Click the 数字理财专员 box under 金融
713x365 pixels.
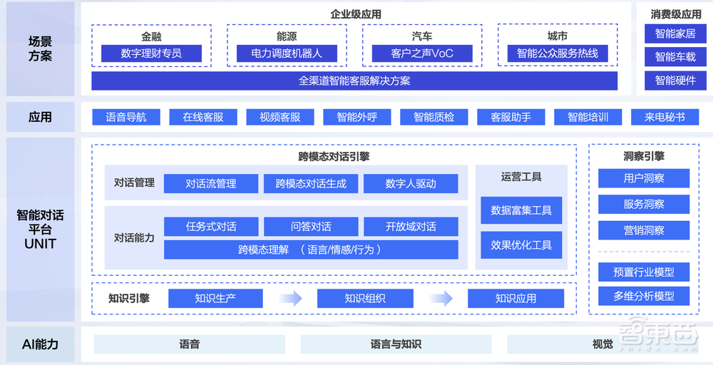151,53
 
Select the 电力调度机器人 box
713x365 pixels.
287,53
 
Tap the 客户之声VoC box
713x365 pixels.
422,53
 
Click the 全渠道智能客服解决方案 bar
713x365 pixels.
354,81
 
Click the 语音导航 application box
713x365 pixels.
126,117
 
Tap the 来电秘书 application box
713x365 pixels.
665,117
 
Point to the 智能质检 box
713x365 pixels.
434,117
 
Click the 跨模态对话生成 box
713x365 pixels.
311,183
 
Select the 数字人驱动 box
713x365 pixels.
411,183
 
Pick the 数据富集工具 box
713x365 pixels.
521,210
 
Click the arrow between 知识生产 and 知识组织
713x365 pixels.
290,298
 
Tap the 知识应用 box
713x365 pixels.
515,298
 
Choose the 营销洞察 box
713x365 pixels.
644,230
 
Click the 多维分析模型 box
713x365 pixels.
644,295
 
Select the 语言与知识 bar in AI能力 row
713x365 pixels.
396,344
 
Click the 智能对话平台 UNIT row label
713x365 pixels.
41,230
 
